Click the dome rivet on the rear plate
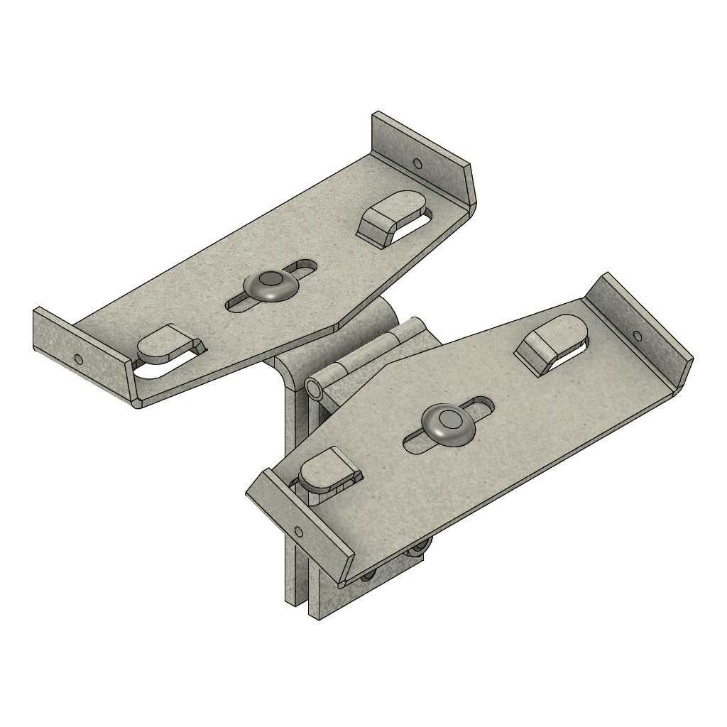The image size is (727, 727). click(x=270, y=285)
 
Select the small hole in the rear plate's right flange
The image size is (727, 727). click(x=417, y=164)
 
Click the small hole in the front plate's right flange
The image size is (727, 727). click(x=637, y=336)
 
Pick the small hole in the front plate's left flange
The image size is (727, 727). click(x=298, y=530)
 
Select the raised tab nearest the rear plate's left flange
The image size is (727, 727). click(x=165, y=344)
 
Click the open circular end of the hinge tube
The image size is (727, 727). click(x=313, y=388)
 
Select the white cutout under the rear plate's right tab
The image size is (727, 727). click(x=412, y=228)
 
